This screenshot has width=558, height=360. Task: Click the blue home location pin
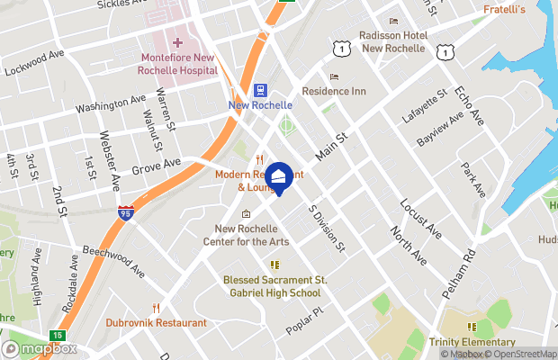(279, 178)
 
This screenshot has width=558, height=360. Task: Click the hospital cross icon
(177, 42)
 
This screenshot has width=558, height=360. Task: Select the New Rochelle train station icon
(261, 90)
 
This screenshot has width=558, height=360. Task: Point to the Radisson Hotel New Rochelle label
(391, 41)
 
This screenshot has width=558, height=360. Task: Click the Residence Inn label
(334, 91)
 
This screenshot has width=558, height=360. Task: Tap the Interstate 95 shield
(126, 214)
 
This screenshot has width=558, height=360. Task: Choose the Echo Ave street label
(468, 106)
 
